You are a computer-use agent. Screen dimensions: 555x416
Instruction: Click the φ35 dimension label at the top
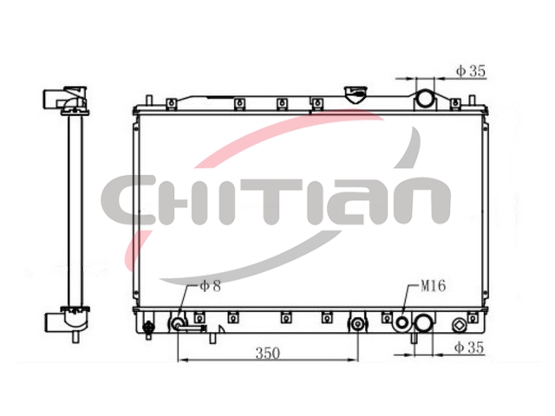tap(470, 71)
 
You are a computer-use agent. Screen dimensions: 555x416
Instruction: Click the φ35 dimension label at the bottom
tap(469, 348)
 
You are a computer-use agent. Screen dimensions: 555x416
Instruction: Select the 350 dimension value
tap(268, 353)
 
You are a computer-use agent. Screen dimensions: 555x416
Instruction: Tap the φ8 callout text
tap(210, 286)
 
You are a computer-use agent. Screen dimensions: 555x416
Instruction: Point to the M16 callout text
tap(433, 286)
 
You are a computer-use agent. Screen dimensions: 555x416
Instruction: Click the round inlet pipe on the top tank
tap(424, 98)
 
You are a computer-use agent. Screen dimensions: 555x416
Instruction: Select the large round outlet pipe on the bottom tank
tap(424, 323)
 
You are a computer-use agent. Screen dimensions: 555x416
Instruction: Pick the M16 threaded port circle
tap(402, 322)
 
